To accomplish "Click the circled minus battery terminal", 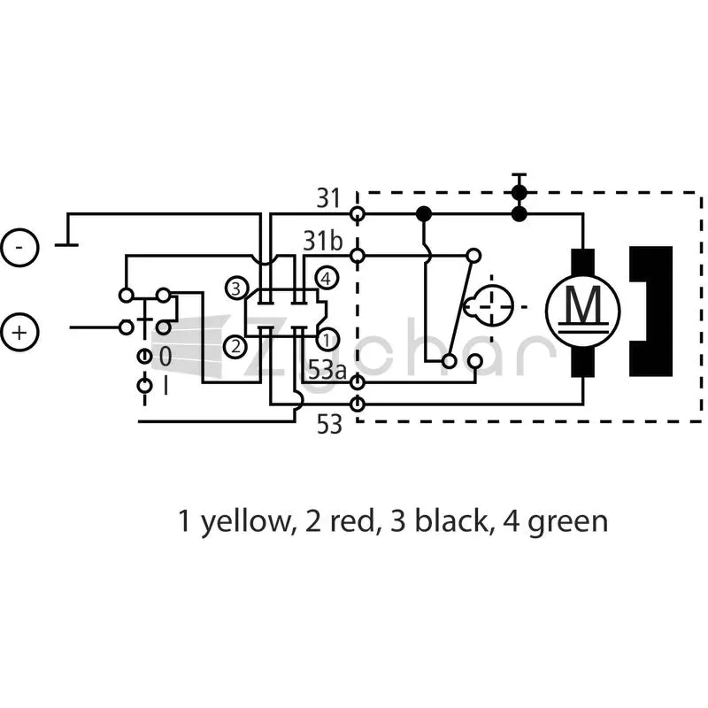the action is click(x=19, y=248).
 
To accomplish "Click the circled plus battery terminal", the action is click(x=19, y=333).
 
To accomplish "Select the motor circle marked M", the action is click(x=583, y=311).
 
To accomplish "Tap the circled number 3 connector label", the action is click(x=236, y=289).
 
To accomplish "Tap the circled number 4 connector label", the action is click(x=327, y=279).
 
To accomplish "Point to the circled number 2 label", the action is click(x=235, y=347).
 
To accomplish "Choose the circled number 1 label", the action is click(x=327, y=340).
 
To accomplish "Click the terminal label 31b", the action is click(x=323, y=241).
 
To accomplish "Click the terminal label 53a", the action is click(x=327, y=370).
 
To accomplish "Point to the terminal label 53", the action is click(x=329, y=425).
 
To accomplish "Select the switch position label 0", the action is click(x=165, y=357).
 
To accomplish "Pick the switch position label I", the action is click(x=165, y=386).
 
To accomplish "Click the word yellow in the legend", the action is click(x=245, y=522).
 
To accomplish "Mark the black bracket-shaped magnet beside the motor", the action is click(x=650, y=312).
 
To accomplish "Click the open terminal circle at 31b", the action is click(x=358, y=256).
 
